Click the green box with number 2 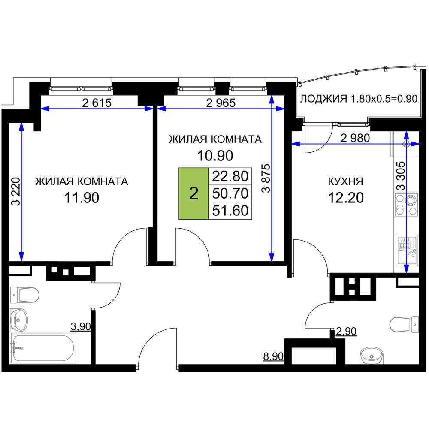point(194,193)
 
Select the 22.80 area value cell point(230,176)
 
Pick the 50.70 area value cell point(230,193)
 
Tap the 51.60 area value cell point(230,211)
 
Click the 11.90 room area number point(82,197)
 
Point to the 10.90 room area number point(215,155)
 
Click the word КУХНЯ point(345,181)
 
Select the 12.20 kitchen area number point(346,197)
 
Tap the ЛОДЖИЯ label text point(323,99)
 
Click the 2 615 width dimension point(97,103)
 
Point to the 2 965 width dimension point(221,103)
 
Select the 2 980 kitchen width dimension point(355,138)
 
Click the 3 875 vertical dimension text point(266,178)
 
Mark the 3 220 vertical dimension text point(16,191)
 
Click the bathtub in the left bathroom point(43,348)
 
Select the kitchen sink point(407,251)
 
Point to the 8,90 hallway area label point(273,356)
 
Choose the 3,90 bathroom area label point(81,326)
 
